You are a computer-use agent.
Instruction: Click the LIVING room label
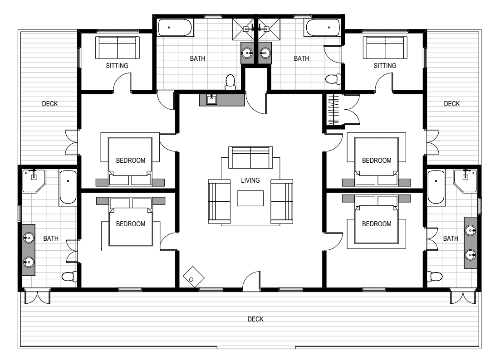(250, 180)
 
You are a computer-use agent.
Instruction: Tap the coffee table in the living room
(250, 198)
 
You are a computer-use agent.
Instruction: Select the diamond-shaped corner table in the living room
(194, 277)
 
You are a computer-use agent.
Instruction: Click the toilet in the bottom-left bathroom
(69, 276)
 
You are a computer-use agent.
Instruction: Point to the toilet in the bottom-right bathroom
(435, 276)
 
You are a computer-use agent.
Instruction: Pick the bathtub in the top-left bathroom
(175, 28)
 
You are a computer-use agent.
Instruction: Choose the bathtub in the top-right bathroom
(323, 28)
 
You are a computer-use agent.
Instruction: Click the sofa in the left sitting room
(118, 48)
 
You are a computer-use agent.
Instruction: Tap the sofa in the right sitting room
(385, 48)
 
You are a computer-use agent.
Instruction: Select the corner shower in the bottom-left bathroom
(33, 180)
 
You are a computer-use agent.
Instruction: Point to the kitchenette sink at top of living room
(211, 100)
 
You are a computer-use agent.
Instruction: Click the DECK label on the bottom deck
(256, 319)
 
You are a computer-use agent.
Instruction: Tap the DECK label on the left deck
(50, 103)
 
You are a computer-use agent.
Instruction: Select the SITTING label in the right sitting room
(385, 66)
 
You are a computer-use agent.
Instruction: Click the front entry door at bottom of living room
(251, 281)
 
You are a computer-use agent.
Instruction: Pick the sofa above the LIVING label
(250, 157)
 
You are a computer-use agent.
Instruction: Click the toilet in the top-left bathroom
(230, 82)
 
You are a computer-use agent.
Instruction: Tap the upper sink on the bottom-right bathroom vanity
(471, 230)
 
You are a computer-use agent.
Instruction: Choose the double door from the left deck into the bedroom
(71, 142)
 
